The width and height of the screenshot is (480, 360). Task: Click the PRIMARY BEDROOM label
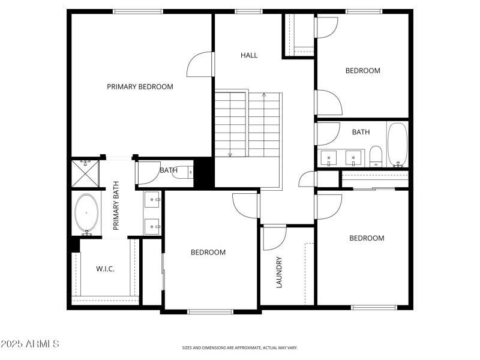click(x=140, y=86)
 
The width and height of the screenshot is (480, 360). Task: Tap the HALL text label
click(x=249, y=55)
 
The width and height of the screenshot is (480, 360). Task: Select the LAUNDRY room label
click(x=279, y=272)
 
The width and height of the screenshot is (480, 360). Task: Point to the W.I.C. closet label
click(x=106, y=268)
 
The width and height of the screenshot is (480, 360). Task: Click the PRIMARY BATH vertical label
click(x=116, y=206)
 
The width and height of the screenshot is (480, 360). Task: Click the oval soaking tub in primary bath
click(x=88, y=213)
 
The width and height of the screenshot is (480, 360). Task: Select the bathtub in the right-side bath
click(x=397, y=144)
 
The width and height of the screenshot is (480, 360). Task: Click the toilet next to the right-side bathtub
click(x=376, y=156)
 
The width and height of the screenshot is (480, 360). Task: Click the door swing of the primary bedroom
click(x=200, y=65)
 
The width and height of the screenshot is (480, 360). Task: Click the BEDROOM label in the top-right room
click(x=362, y=71)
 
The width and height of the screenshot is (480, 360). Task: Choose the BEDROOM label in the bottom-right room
click(x=367, y=238)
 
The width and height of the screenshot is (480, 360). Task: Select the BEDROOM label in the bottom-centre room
click(x=208, y=253)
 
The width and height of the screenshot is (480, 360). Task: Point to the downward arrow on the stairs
click(x=230, y=154)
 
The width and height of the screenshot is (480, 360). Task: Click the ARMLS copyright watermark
click(x=29, y=344)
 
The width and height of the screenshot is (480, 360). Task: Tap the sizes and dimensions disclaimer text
click(x=240, y=347)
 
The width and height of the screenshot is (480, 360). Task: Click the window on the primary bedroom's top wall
click(x=137, y=11)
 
